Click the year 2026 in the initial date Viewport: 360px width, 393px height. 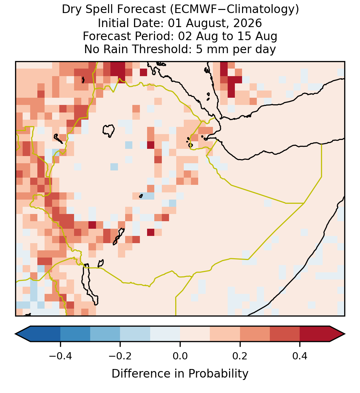[248, 23]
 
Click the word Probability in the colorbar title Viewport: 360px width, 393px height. [218, 374]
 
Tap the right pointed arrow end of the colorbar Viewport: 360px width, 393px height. [345, 334]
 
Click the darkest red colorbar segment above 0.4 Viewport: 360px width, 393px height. [315, 334]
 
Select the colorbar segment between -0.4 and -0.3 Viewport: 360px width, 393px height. [75, 334]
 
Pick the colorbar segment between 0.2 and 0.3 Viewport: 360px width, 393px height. [255, 334]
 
